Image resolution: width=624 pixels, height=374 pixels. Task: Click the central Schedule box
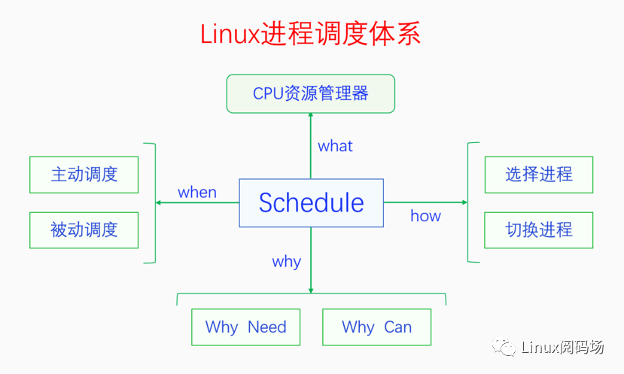coord(311,203)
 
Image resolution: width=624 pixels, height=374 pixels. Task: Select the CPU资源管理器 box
coord(310,93)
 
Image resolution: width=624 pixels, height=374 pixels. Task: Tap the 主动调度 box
coord(84,175)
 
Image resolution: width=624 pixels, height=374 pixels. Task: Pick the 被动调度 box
coord(84,230)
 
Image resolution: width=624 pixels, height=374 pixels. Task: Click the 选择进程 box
coord(539,175)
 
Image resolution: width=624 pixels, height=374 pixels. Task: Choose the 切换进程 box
coord(539,230)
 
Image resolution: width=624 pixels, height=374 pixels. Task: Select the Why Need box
coord(245,327)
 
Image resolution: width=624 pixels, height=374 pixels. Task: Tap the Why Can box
coord(376,327)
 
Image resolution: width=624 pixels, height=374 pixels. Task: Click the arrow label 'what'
coord(335,146)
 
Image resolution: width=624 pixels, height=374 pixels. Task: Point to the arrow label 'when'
coord(197,192)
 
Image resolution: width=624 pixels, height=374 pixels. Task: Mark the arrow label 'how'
coord(425,216)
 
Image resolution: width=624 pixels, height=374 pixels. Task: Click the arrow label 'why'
coord(286,262)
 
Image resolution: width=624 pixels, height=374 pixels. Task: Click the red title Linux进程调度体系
coord(310,35)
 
